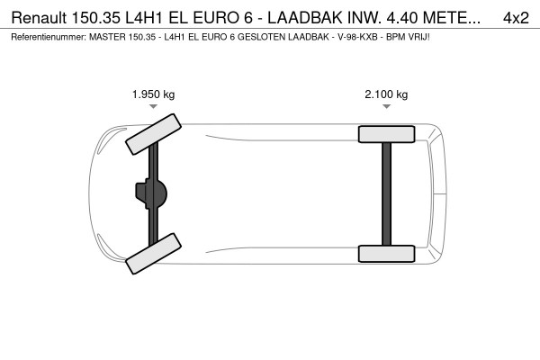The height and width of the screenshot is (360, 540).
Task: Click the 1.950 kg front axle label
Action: pos(154,94)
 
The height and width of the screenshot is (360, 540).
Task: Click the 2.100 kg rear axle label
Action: pos(386,94)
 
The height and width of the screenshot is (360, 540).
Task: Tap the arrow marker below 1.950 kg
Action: pos(154,106)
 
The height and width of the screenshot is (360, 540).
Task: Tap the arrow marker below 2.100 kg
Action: pos(386,106)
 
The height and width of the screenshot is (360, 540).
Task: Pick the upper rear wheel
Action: pos(386,135)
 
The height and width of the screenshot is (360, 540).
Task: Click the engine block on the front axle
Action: pos(151,193)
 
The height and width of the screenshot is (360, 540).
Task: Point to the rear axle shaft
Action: pos(386,193)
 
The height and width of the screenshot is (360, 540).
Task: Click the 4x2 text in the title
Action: pos(515,17)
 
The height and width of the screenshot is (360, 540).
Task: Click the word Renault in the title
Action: pos(38,17)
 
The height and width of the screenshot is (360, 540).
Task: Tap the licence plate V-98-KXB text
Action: pos(354,38)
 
